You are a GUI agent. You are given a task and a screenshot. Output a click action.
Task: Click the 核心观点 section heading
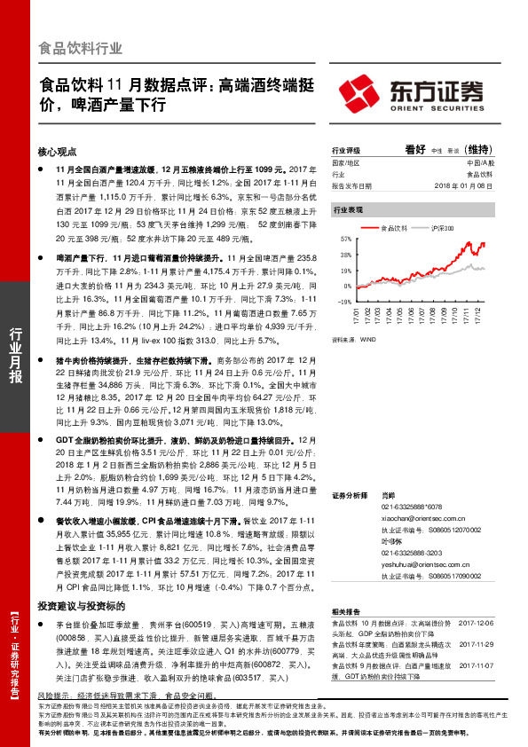59,152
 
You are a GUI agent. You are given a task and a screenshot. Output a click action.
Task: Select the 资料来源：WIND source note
354,338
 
